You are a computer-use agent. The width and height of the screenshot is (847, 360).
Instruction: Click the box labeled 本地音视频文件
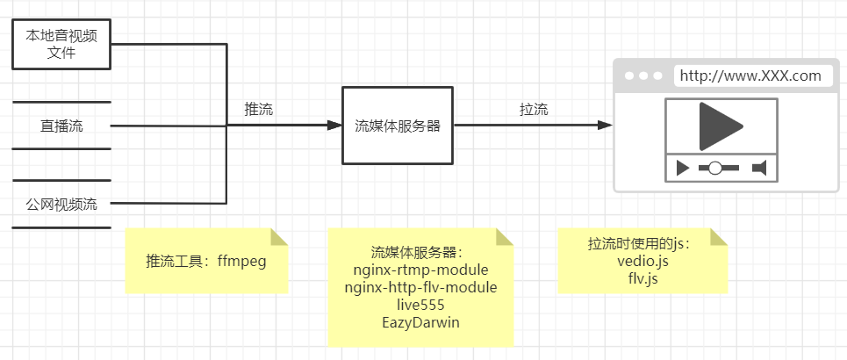(x=61, y=45)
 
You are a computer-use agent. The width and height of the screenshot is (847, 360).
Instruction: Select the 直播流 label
(x=61, y=126)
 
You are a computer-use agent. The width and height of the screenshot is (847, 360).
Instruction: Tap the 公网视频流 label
(x=61, y=205)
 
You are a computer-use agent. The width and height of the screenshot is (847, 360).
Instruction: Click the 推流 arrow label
(x=259, y=110)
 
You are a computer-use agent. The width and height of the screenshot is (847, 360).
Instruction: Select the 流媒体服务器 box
(x=397, y=126)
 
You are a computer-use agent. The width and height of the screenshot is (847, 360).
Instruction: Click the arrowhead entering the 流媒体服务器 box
(x=334, y=126)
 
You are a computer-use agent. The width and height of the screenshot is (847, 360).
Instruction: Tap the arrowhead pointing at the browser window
(x=605, y=126)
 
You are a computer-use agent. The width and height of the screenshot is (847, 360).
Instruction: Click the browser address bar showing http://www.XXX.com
(x=750, y=76)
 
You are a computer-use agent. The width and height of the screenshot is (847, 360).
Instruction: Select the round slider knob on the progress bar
(x=715, y=167)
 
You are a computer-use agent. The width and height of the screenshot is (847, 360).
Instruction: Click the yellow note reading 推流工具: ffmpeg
(x=206, y=261)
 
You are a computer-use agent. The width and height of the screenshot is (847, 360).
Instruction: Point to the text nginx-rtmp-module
(x=420, y=270)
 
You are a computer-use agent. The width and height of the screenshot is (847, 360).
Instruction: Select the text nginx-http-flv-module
(x=420, y=287)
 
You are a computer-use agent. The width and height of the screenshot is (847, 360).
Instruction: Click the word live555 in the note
(x=420, y=305)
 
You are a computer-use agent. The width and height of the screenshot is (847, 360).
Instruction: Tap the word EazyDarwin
(x=420, y=322)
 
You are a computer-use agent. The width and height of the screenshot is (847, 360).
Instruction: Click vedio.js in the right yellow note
(x=642, y=261)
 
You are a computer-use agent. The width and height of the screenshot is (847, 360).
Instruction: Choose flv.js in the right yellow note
(x=642, y=278)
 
